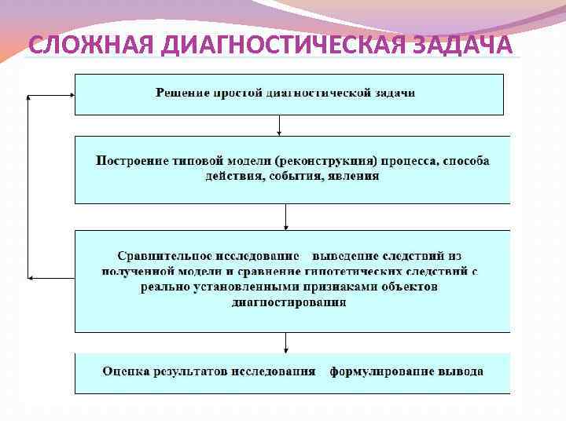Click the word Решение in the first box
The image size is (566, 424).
[x=182, y=93]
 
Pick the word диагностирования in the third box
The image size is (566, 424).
[x=289, y=302]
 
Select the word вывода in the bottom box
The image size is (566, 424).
[x=463, y=371]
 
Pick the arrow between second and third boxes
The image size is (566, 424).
[x=285, y=217]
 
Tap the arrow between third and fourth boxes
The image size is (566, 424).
[x=285, y=343]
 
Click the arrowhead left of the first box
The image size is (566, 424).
[x=30, y=94]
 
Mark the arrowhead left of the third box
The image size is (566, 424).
[x=30, y=277]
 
